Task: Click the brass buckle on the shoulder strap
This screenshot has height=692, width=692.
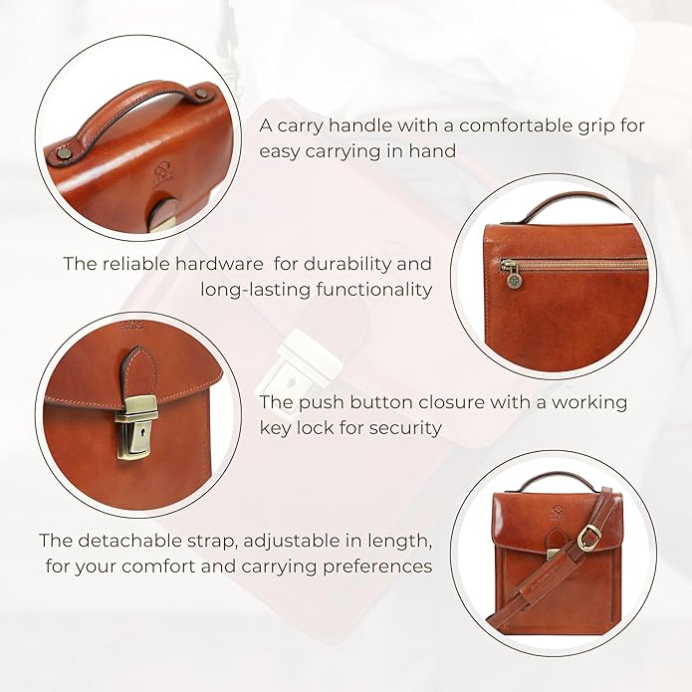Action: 588,539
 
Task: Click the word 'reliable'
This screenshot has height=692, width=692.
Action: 132,264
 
